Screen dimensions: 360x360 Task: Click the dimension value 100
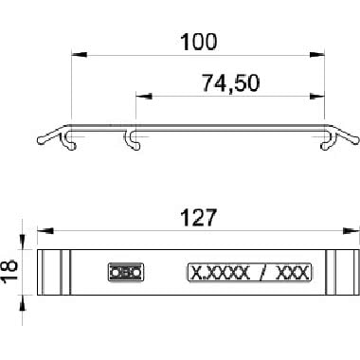click(199, 42)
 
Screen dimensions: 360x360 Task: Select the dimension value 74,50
click(231, 82)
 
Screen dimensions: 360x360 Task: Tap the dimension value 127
click(199, 217)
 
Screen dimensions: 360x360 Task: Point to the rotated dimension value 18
click(9, 271)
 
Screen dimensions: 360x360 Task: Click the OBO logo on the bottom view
click(126, 272)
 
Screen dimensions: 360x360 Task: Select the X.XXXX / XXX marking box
click(250, 272)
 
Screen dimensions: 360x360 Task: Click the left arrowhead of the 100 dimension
click(79, 55)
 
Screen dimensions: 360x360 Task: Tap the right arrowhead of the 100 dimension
click(317, 55)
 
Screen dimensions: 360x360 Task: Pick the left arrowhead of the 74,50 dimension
click(144, 96)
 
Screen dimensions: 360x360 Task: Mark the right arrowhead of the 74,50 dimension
click(317, 96)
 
